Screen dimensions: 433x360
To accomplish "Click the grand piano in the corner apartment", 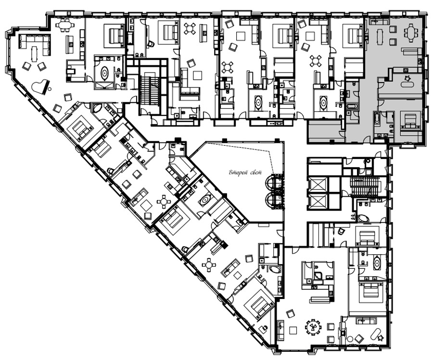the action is coord(40,87).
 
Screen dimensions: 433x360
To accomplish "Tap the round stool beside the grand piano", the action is coord(50,89).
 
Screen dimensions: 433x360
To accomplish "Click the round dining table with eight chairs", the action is coord(313,327).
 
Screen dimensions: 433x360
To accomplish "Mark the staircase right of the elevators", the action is coord(365,187).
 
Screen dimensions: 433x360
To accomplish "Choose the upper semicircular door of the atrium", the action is coord(271,182).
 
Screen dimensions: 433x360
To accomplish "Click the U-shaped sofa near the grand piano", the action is coord(35,46).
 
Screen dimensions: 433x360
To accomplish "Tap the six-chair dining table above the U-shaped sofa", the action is coord(65,25).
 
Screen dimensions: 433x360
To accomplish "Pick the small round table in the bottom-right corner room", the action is coord(350,338).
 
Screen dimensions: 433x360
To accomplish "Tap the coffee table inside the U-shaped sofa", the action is coord(35,53).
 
